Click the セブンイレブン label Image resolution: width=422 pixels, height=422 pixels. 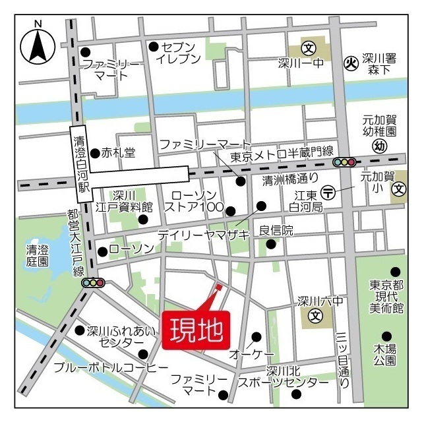coord(177,53)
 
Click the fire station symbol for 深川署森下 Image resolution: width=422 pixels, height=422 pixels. coord(351,64)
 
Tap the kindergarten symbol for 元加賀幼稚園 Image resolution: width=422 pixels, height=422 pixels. coord(379,146)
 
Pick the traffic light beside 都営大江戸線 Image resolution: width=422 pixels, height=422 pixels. coord(93,282)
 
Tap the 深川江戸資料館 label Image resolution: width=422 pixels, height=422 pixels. coord(123,201)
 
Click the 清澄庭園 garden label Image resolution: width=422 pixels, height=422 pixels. coord(37,255)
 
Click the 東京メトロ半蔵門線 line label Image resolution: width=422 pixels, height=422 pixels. coord(282,155)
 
